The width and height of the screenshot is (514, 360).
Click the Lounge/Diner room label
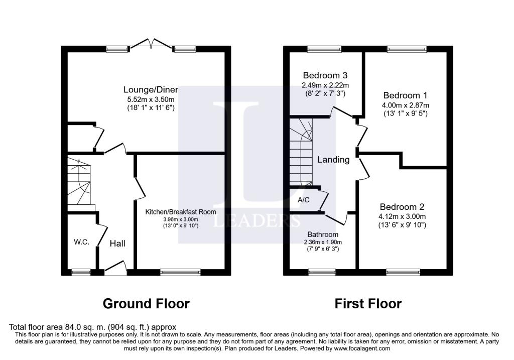click(151, 89)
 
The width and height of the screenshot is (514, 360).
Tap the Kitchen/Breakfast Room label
click(181, 212)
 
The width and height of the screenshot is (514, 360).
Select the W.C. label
click(82, 243)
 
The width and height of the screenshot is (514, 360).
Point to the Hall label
click(117, 244)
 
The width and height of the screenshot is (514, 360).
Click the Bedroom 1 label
click(405, 95)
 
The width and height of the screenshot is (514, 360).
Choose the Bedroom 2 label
click(402, 207)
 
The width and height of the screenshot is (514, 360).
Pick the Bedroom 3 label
click(325, 75)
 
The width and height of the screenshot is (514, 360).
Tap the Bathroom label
click(323, 234)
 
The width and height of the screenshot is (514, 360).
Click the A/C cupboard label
click(304, 200)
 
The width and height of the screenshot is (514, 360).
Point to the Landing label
click(333, 160)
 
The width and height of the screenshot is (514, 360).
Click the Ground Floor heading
click(146, 304)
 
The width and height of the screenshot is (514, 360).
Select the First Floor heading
click(368, 304)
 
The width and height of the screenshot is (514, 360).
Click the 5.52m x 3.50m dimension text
click(151, 99)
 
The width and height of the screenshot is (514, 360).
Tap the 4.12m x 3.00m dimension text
click(402, 216)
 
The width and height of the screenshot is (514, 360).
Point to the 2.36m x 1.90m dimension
click(323, 243)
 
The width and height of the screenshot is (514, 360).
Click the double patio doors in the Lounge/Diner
click(151, 45)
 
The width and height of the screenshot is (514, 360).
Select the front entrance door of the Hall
click(116, 268)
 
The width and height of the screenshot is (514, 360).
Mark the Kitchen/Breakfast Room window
click(180, 272)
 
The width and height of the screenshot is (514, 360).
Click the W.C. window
click(81, 272)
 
